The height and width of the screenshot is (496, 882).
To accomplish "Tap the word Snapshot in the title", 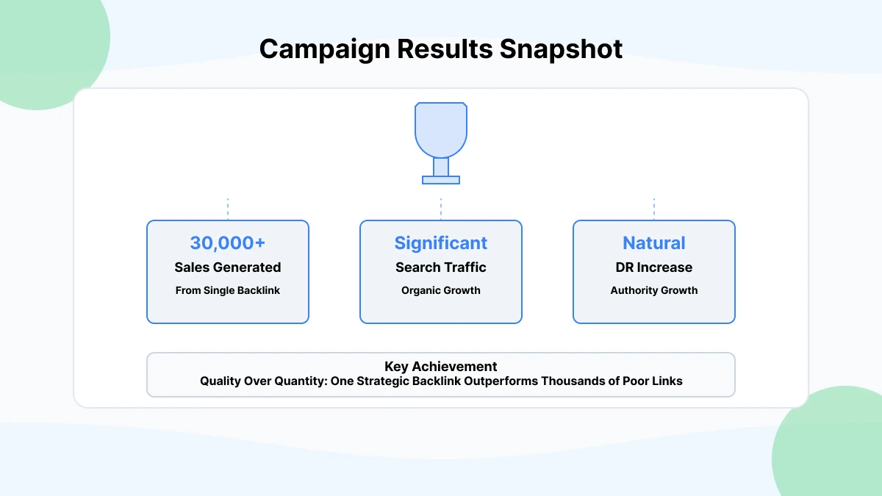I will click(x=561, y=49).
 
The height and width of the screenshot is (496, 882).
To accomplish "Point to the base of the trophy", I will click(x=441, y=179).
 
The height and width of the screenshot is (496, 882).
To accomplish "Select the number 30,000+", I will click(x=228, y=243).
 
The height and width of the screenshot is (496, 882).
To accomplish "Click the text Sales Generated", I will click(x=228, y=267).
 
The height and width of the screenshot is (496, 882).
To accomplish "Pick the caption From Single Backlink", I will click(x=228, y=290).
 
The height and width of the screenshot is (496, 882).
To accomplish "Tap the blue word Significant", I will click(x=441, y=243).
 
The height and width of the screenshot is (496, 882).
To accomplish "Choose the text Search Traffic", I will click(x=441, y=267).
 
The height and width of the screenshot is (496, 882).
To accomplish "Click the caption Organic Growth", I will click(x=441, y=290).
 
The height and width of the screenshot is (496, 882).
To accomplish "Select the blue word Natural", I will click(x=654, y=243).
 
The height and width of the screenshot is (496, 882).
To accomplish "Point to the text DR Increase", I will click(x=654, y=267).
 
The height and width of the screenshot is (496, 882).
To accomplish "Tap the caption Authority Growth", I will click(x=654, y=290).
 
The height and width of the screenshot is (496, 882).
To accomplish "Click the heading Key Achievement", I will click(x=441, y=367).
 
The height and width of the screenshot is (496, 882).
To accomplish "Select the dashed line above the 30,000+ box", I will click(x=228, y=209).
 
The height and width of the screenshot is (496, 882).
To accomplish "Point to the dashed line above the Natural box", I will click(x=654, y=209).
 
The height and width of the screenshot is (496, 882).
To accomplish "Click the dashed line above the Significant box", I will click(x=441, y=209).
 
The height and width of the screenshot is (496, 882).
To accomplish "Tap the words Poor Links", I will click(x=656, y=381).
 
